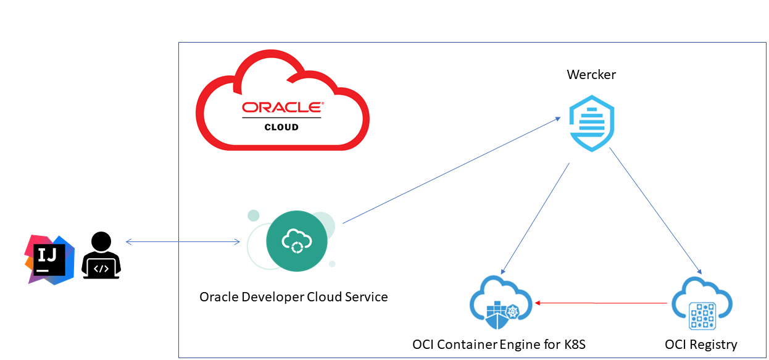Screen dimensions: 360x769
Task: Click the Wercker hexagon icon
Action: click(x=591, y=123)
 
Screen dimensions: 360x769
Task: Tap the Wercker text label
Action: click(x=591, y=75)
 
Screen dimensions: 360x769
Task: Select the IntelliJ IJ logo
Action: click(x=49, y=260)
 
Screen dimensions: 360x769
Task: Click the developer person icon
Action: click(x=101, y=254)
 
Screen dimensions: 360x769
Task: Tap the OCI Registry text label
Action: click(x=701, y=344)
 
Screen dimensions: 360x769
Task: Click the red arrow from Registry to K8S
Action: click(x=602, y=303)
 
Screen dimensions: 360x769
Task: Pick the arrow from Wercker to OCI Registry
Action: click(x=655, y=210)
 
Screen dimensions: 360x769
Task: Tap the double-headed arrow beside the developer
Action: click(x=182, y=241)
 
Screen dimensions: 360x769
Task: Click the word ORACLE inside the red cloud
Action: click(x=282, y=107)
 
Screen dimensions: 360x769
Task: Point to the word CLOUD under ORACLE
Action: click(x=281, y=127)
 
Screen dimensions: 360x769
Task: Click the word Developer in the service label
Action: click(x=272, y=297)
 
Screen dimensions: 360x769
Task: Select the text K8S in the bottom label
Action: click(x=571, y=344)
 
